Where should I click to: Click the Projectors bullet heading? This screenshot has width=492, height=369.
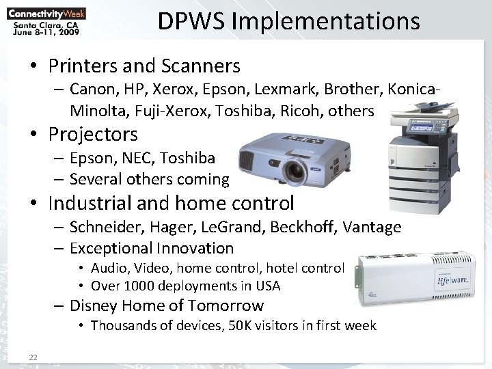click(x=93, y=134)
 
